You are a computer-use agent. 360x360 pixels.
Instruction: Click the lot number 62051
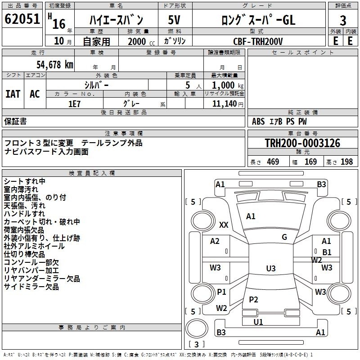[x=22, y=19]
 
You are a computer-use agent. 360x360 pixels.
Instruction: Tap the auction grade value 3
[x=343, y=20]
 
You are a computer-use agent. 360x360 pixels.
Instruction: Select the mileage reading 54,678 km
[x=55, y=65]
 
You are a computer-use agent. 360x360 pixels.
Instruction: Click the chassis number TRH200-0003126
[x=302, y=143]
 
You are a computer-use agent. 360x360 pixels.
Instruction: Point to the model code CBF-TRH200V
[x=258, y=41]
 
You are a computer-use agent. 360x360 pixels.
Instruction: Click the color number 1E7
[x=74, y=104]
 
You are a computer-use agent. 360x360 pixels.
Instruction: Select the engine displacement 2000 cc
[x=141, y=41]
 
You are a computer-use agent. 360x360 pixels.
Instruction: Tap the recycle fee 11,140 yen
[x=228, y=104]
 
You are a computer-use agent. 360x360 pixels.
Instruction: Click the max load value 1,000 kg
[x=228, y=85]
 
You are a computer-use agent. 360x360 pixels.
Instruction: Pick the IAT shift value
[x=13, y=94]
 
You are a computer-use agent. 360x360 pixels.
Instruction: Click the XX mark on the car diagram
[x=224, y=225]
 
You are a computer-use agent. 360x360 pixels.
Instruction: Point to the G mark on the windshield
[x=284, y=237]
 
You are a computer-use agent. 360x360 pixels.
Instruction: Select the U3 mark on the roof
[x=271, y=268]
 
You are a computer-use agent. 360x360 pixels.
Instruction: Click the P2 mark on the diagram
[x=253, y=299]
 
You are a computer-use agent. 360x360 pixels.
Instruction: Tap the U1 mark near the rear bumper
[x=258, y=322]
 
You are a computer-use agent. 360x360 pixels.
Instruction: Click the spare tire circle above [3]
[x=197, y=328]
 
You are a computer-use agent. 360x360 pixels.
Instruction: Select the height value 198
[x=346, y=162]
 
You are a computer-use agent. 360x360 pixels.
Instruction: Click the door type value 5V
[x=174, y=20]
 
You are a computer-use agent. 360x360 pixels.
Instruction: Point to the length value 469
[x=273, y=162]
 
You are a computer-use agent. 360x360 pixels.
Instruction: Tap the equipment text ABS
[x=258, y=121]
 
